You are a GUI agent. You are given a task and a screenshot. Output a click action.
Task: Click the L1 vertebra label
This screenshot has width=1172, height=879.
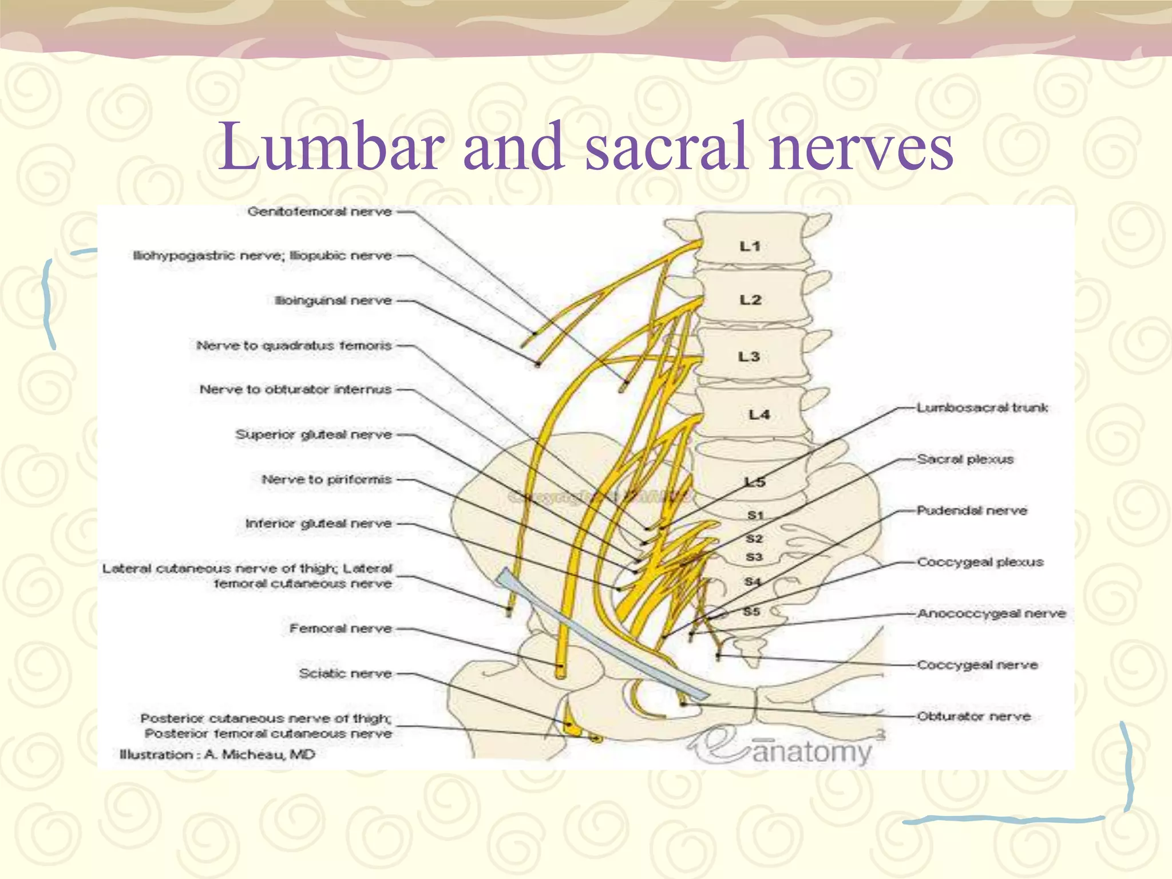[750, 247]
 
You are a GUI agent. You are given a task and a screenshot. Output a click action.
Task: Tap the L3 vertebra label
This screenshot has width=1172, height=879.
[749, 357]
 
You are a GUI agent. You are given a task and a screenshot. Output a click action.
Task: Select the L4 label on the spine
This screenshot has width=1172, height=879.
[759, 414]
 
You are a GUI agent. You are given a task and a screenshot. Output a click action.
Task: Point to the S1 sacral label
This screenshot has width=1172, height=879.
[755, 516]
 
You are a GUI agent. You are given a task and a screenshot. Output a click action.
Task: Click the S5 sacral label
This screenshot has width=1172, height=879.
[751, 612]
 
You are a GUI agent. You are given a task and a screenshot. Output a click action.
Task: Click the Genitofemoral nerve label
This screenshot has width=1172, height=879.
[319, 212]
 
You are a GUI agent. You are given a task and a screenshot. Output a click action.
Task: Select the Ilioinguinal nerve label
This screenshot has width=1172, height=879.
[333, 301]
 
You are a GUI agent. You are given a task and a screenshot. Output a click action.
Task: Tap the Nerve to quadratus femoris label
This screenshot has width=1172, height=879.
[294, 346]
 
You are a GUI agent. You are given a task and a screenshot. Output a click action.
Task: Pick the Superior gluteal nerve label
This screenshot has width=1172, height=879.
[314, 435]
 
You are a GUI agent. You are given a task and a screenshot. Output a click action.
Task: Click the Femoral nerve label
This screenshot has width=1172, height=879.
[340, 629]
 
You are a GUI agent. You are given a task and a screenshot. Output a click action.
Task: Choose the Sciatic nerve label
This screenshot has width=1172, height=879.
[345, 674]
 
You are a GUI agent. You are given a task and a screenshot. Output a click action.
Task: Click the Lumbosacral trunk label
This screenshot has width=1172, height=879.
[982, 408]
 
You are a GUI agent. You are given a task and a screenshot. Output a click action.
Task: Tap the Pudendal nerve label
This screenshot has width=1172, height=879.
[972, 510]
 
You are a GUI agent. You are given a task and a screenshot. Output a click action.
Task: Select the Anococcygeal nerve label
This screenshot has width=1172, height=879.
[991, 613]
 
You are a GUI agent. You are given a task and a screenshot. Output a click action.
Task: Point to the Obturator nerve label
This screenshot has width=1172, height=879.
[973, 716]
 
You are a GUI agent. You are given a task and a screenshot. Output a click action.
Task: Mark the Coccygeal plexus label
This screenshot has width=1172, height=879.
[980, 562]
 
